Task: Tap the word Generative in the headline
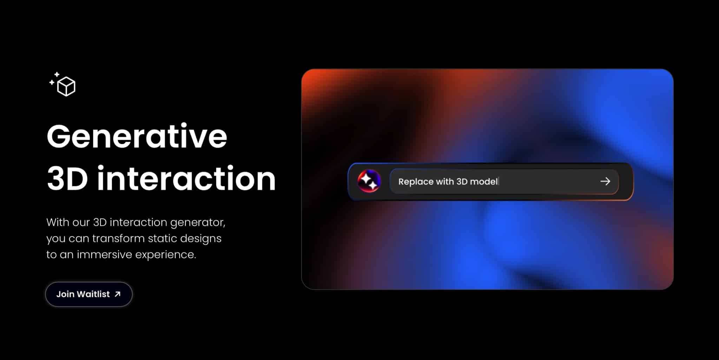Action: pyautogui.click(x=137, y=136)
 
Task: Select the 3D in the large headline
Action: pyautogui.click(x=67, y=179)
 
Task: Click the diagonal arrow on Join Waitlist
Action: pyautogui.click(x=118, y=294)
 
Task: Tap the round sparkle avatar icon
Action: pyautogui.click(x=369, y=181)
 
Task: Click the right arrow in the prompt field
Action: pyautogui.click(x=605, y=181)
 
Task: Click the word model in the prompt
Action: pyautogui.click(x=484, y=181)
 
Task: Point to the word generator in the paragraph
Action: pyautogui.click(x=198, y=222)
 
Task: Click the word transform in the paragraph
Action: pyautogui.click(x=119, y=239)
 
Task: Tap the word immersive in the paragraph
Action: pyautogui.click(x=104, y=254)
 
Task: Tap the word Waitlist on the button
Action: pyautogui.click(x=93, y=294)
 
